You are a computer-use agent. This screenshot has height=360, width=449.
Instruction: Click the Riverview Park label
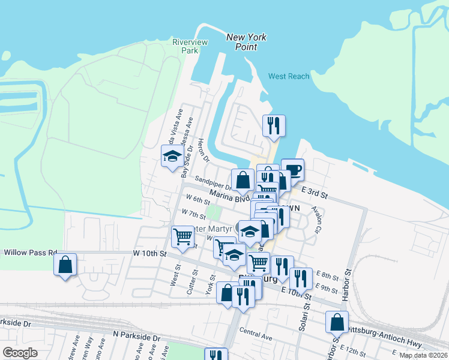coord(185,46)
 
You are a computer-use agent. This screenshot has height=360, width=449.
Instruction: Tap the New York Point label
coord(246,42)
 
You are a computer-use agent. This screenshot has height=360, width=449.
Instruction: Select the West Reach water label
coord(289,76)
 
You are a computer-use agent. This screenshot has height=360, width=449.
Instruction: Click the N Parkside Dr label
coord(137,338)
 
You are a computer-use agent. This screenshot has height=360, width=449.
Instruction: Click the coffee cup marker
coord(292,169)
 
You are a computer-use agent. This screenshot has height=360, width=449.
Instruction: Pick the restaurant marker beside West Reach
coord(274,125)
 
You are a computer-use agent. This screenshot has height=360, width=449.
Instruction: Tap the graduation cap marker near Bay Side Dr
coord(172,157)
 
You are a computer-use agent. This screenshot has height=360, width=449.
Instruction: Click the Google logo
coord(20,353)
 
